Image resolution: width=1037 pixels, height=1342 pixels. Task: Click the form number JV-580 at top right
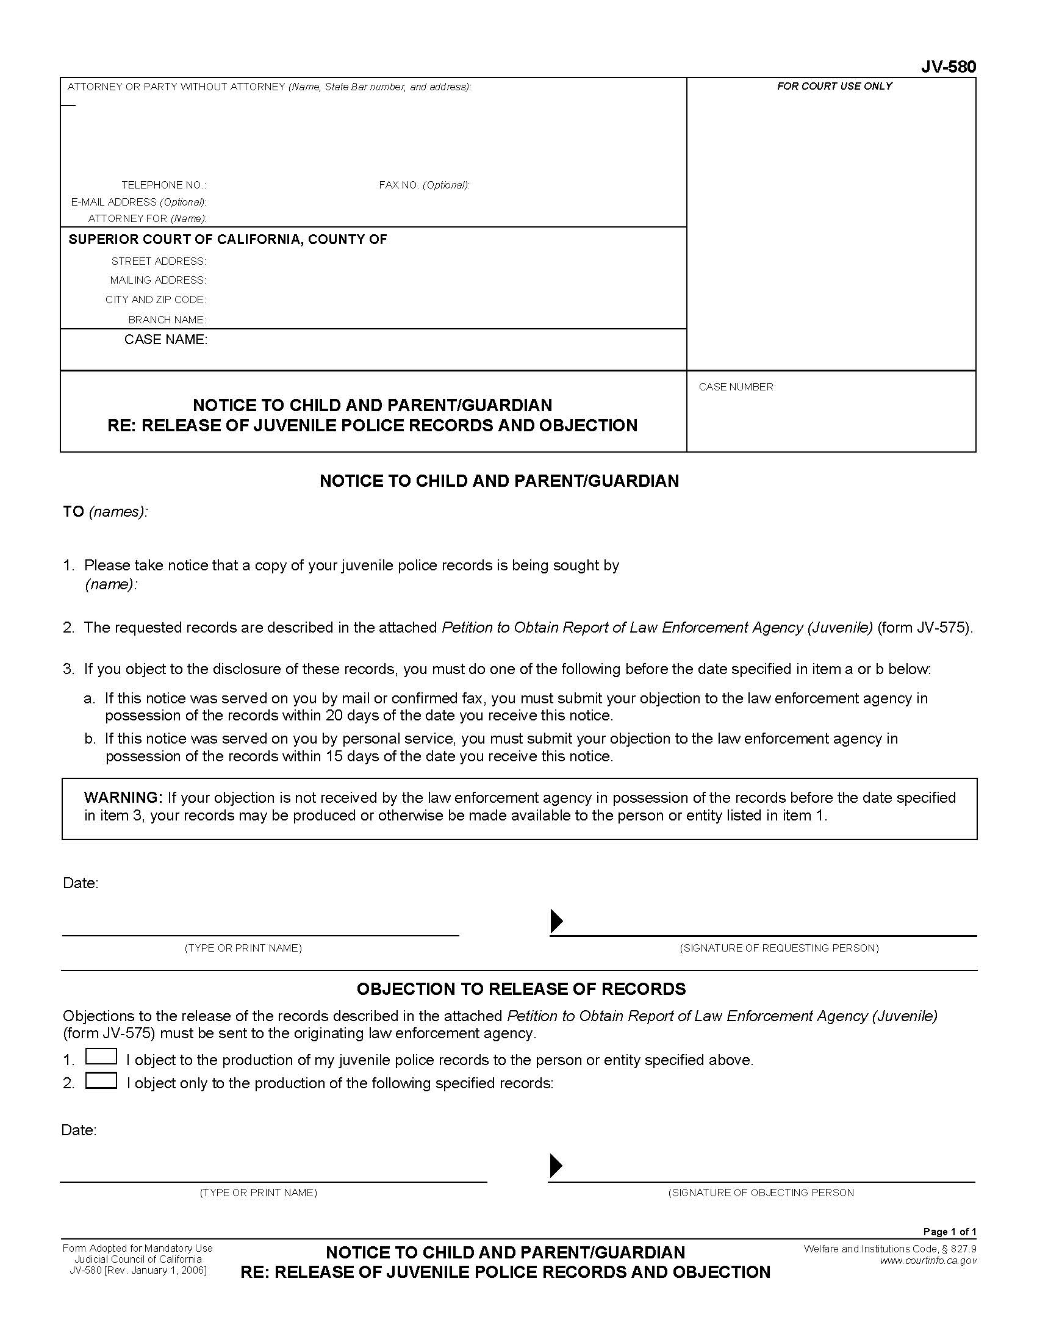point(948,67)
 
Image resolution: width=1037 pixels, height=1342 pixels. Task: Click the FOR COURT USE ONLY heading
point(834,87)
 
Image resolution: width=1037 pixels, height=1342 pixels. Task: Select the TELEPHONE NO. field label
point(163,185)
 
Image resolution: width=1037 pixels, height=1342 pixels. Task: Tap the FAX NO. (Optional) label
point(424,185)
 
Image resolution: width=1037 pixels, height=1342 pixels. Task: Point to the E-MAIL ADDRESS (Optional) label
point(139,202)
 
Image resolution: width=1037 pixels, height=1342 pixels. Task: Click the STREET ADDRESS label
point(159,262)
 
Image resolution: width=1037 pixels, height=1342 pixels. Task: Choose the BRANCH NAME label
point(167,320)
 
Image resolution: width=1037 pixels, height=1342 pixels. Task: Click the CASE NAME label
point(166,340)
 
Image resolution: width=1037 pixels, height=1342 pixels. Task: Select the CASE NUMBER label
point(737,387)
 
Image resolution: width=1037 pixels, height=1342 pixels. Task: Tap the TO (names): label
point(105,512)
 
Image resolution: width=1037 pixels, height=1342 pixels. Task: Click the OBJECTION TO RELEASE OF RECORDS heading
point(521,989)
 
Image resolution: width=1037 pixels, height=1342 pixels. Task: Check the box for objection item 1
point(101,1057)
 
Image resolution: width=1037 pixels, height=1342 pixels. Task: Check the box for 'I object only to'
point(101,1080)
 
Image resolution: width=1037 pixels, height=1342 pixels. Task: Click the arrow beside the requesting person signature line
point(556,920)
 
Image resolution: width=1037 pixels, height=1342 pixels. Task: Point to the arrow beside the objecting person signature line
point(555,1166)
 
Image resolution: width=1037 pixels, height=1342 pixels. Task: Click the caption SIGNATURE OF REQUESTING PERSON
point(779,948)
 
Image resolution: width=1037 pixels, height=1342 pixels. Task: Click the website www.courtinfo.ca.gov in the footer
point(928,1261)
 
